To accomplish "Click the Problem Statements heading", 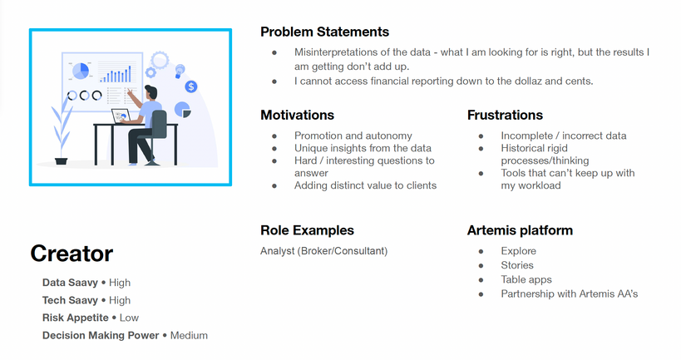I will (x=324, y=32).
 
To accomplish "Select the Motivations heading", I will (x=297, y=115).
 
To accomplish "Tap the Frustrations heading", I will (x=505, y=115).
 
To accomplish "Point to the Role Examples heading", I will (x=307, y=230).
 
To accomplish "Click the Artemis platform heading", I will (x=520, y=230).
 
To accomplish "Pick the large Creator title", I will (x=72, y=254).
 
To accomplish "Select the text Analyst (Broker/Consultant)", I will (x=323, y=250).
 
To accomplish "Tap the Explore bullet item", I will (x=518, y=251).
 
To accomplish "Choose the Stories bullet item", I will (x=517, y=265).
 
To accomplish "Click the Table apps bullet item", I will (x=526, y=279).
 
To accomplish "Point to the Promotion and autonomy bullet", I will (x=353, y=136).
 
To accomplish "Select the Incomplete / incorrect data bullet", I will (x=563, y=136).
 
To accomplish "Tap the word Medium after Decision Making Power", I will (x=189, y=335).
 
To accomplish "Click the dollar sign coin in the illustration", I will (x=191, y=86).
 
